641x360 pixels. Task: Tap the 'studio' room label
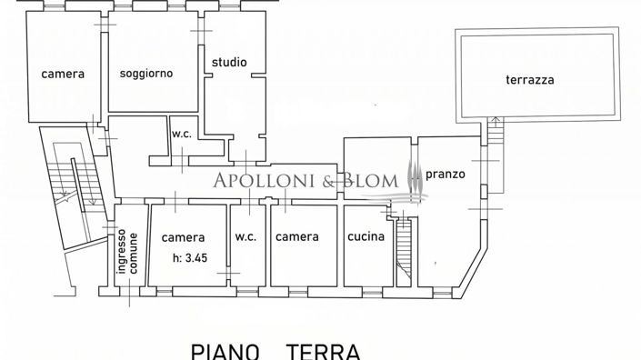pyautogui.click(x=228, y=62)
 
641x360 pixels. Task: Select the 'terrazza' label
pyautogui.click(x=530, y=79)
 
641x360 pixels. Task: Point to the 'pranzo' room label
pyautogui.click(x=446, y=172)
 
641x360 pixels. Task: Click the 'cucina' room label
pyautogui.click(x=366, y=236)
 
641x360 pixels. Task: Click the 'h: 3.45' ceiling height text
pyautogui.click(x=190, y=257)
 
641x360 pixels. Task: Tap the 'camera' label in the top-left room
pyautogui.click(x=63, y=74)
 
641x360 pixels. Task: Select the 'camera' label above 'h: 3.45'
pyautogui.click(x=184, y=237)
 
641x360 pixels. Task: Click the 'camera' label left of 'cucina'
pyautogui.click(x=297, y=236)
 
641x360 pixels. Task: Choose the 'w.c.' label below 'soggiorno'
pyautogui.click(x=180, y=135)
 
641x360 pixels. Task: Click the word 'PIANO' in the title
pyautogui.click(x=225, y=350)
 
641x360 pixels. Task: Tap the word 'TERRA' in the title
pyautogui.click(x=324, y=350)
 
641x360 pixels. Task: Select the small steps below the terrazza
pyautogui.click(x=495, y=136)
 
